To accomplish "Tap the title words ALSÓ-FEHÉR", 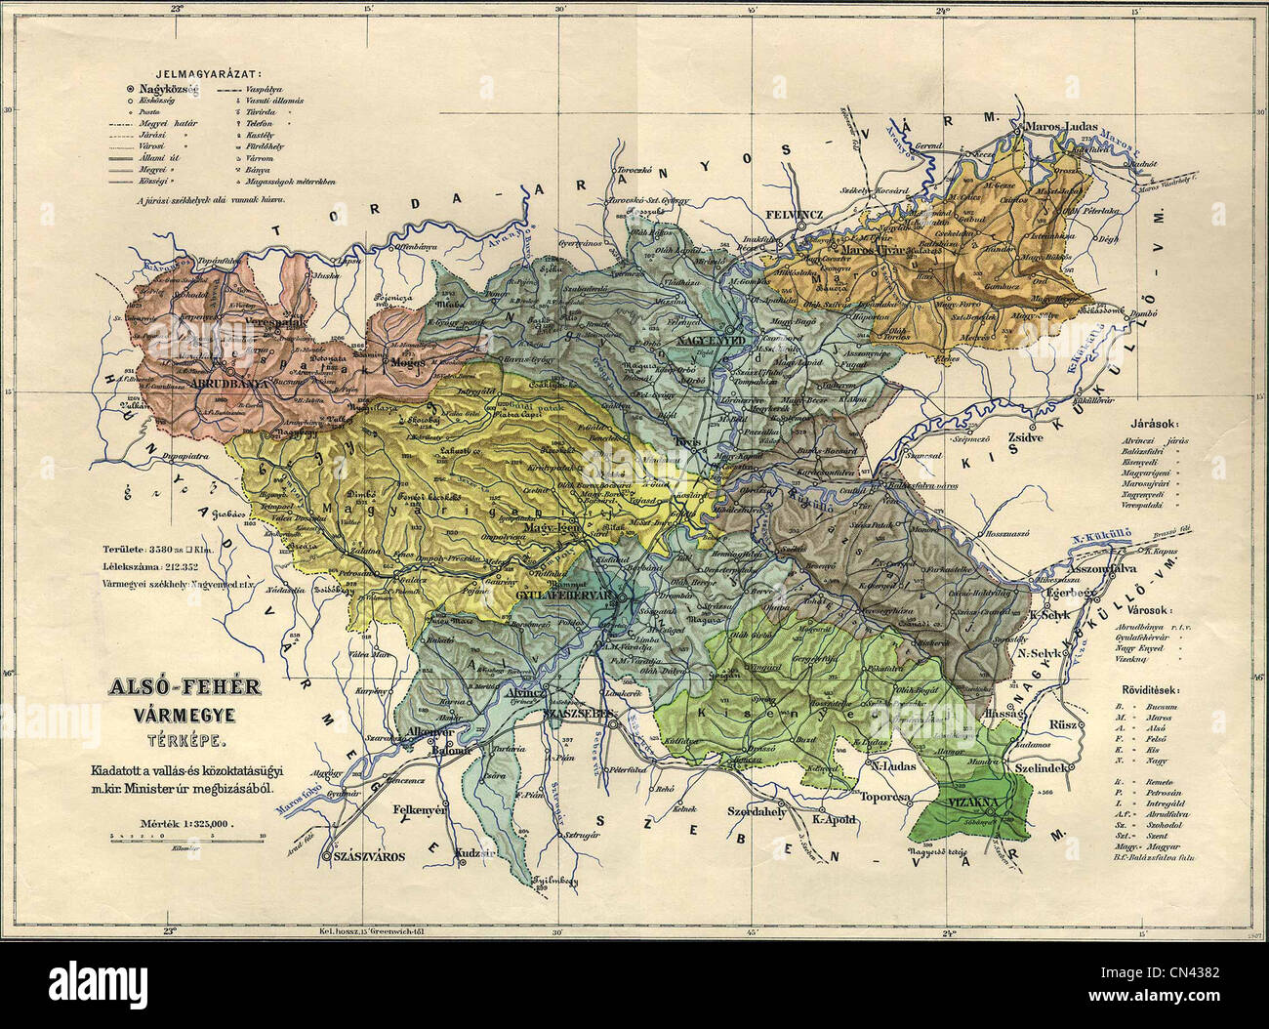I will click(184, 688).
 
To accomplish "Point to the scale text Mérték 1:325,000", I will click(185, 822).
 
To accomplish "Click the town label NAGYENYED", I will click(710, 341).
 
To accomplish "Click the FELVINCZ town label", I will click(797, 210).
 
